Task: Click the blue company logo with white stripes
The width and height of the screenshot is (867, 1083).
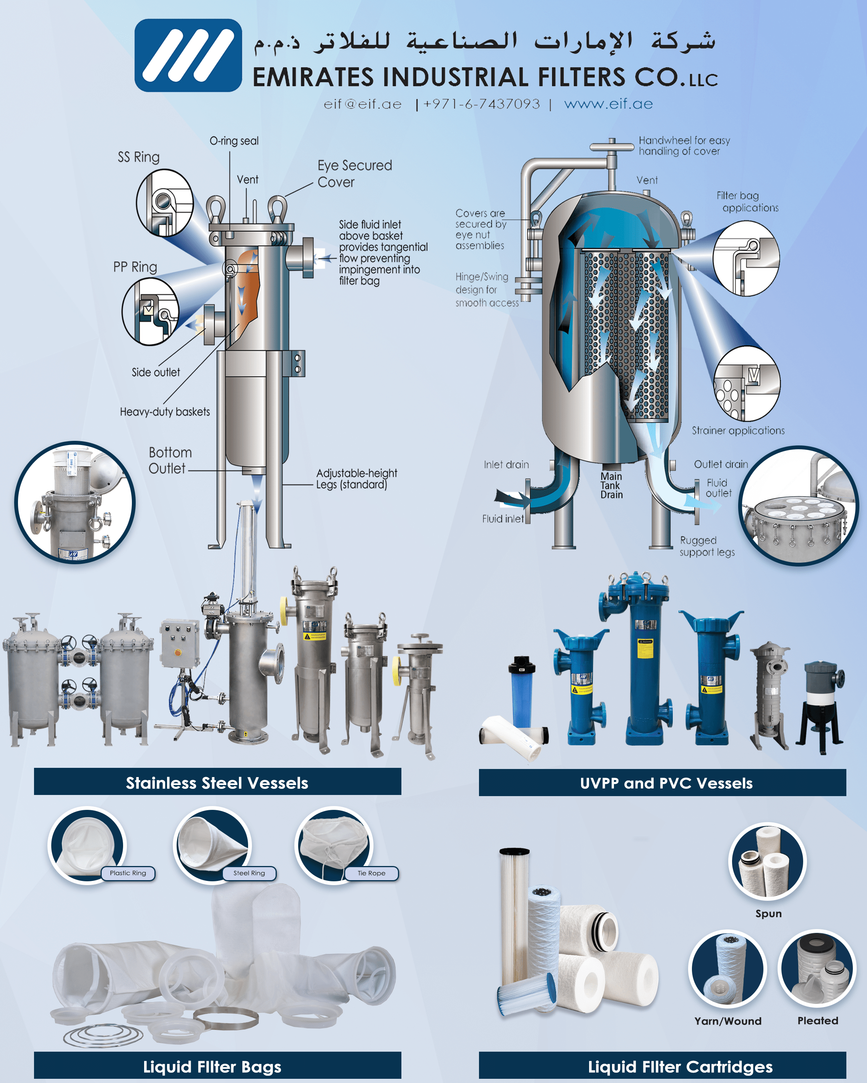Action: [188, 55]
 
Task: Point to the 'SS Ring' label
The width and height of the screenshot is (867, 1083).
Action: [139, 157]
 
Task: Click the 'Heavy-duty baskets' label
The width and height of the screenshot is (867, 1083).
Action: [165, 412]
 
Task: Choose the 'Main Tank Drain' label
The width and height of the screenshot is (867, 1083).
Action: [611, 485]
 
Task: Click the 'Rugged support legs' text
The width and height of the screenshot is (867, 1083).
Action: [707, 546]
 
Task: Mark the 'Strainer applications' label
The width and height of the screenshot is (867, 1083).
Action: [738, 431]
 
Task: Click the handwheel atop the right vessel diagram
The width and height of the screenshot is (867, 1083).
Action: [611, 147]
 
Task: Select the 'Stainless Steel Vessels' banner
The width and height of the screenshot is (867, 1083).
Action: [217, 783]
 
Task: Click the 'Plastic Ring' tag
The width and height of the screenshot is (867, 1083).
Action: [128, 873]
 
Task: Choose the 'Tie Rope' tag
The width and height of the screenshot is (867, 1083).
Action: [372, 873]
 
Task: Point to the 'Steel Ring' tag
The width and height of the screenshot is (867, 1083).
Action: [249, 873]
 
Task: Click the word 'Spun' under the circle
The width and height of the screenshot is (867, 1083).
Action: [768, 913]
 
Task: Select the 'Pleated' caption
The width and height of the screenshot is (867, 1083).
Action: [817, 1020]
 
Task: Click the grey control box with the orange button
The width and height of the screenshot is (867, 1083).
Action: [179, 643]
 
